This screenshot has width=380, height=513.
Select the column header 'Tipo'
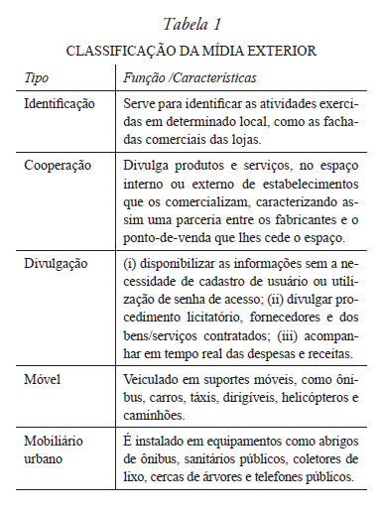coord(37,76)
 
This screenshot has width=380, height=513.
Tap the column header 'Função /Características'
coord(183,76)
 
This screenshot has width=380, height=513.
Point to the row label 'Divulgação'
coord(56,263)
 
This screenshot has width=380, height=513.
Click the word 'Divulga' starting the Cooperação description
coord(144,165)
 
